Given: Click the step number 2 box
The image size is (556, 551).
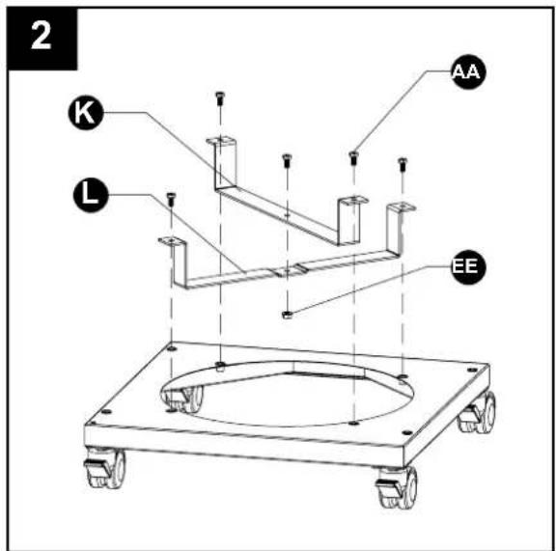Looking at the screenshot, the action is (42, 39).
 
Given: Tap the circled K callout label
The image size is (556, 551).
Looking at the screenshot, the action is (86, 113).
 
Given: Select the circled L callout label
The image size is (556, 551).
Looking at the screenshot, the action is (91, 195).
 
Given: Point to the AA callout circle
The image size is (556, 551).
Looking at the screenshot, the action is (468, 71).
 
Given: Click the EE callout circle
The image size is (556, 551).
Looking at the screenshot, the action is (468, 266).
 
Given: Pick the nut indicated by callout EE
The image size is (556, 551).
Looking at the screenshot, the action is (287, 315).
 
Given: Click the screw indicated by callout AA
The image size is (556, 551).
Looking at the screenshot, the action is (353, 158).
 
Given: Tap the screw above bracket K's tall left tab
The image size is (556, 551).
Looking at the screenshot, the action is (220, 98).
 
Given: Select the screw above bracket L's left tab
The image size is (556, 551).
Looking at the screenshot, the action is (171, 199).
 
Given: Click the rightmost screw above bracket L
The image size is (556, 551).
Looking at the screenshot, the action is (403, 164).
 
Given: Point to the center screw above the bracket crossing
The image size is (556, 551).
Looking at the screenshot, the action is (287, 160).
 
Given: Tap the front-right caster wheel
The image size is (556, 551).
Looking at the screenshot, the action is (397, 486).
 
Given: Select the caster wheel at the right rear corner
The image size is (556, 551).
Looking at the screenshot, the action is (477, 412).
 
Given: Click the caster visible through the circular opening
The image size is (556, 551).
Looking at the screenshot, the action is (184, 399).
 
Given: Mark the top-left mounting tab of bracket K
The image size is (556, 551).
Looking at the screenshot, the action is (221, 141).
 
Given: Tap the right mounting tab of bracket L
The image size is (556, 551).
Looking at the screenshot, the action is (402, 207).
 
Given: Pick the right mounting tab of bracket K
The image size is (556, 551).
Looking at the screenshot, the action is (353, 201).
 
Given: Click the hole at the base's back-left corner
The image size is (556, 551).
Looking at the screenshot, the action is (172, 349).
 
